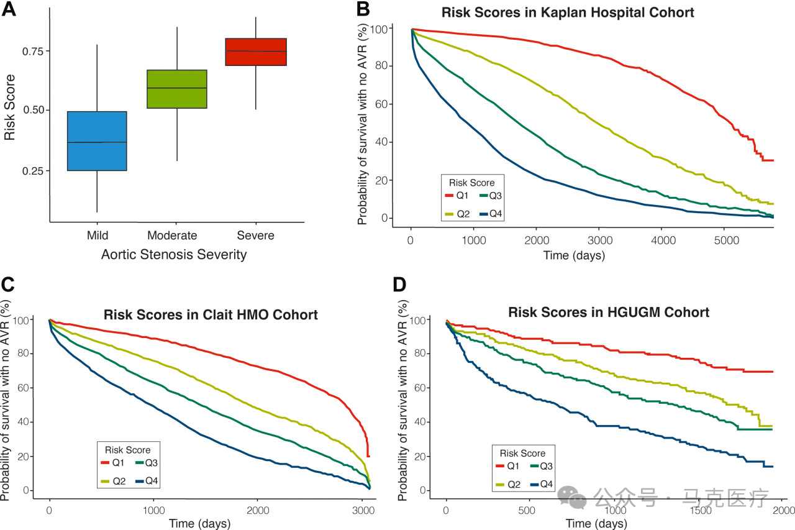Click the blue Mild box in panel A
click(97, 141)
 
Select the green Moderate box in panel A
click(176, 89)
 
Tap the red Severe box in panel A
click(255, 52)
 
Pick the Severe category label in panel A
click(255, 235)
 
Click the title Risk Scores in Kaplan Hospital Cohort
click(568, 12)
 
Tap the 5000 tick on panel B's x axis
click(724, 240)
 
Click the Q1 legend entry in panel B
click(457, 196)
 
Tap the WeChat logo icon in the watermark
click(571, 496)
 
